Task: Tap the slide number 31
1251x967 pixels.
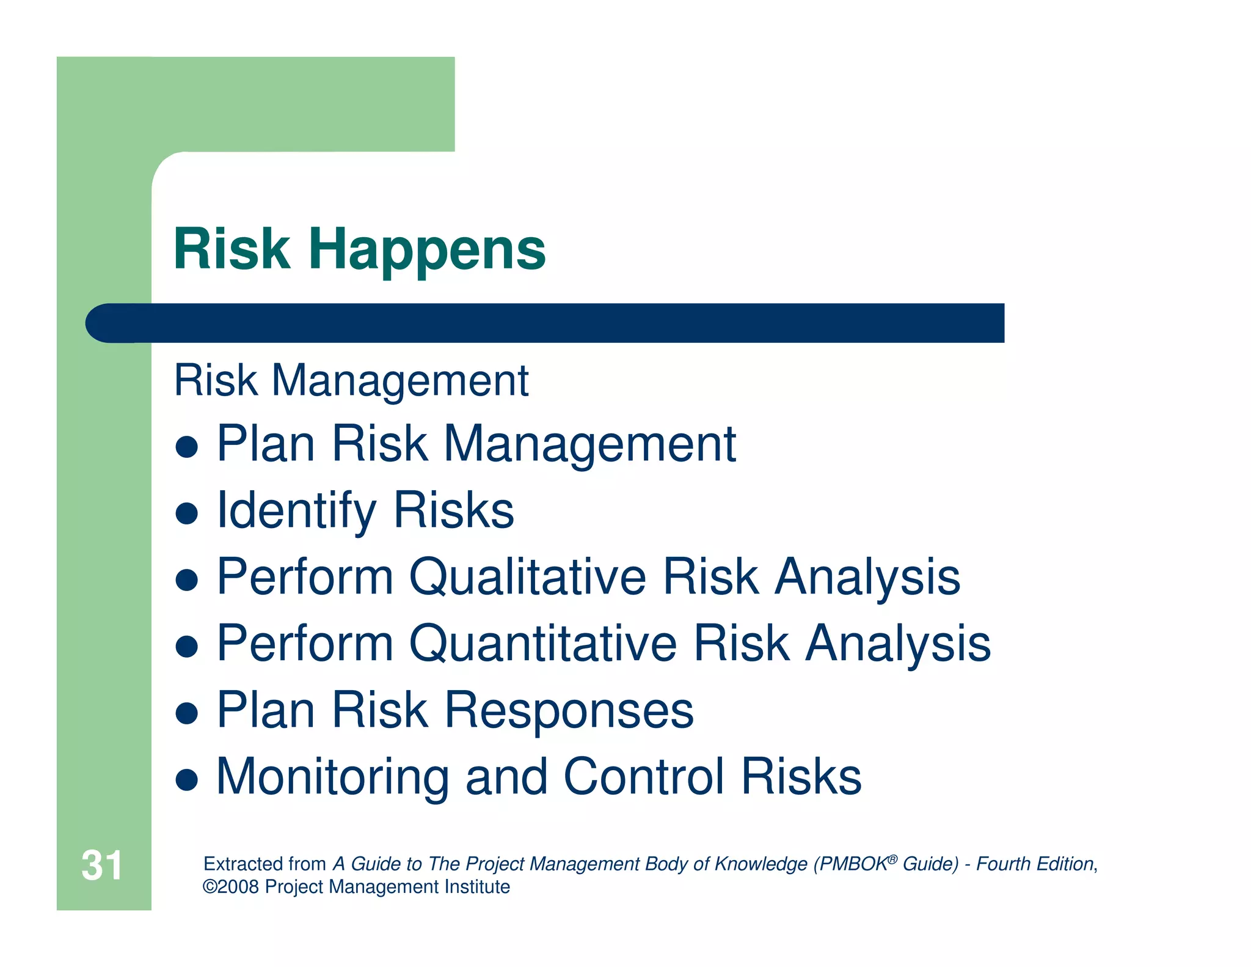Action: click(101, 866)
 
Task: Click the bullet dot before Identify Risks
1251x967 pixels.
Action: click(186, 513)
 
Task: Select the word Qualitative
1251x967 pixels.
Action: click(527, 577)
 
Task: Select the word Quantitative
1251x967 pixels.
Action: click(542, 644)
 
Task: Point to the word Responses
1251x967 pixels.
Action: click(569, 710)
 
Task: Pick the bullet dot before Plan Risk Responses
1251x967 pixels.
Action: click(186, 713)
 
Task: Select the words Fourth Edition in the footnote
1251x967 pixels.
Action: click(1034, 864)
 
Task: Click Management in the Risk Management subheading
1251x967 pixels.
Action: click(399, 381)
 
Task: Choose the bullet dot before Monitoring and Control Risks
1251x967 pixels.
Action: click(186, 779)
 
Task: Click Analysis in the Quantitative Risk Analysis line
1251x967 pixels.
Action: click(897, 644)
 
